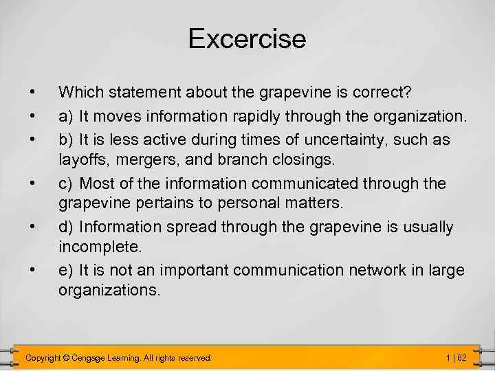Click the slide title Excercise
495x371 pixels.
click(x=247, y=38)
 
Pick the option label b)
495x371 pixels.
click(x=67, y=140)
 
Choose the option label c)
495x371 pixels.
click(x=67, y=184)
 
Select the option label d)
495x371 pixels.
click(x=67, y=227)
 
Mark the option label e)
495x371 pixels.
click(x=67, y=271)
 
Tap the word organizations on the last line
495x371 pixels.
click(x=109, y=290)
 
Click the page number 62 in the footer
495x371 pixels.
click(x=462, y=358)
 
